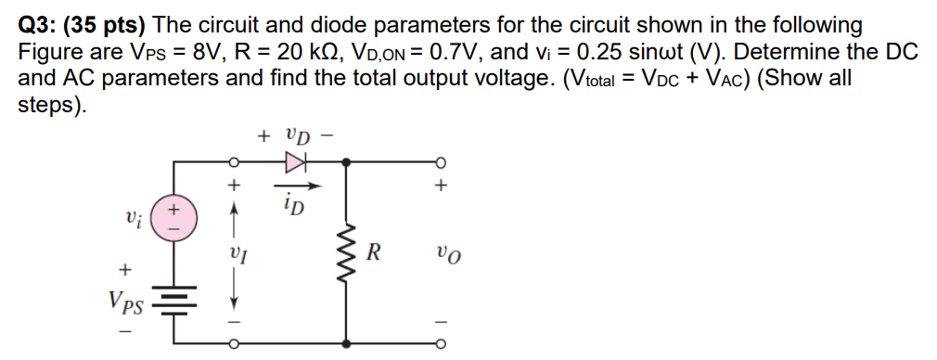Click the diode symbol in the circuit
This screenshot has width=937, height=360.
(295, 162)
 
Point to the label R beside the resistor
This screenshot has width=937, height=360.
(373, 251)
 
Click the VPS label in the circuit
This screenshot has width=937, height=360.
(124, 300)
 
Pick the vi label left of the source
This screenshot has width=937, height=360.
(133, 221)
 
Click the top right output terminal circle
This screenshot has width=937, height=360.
(442, 162)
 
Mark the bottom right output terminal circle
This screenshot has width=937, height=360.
(442, 344)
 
